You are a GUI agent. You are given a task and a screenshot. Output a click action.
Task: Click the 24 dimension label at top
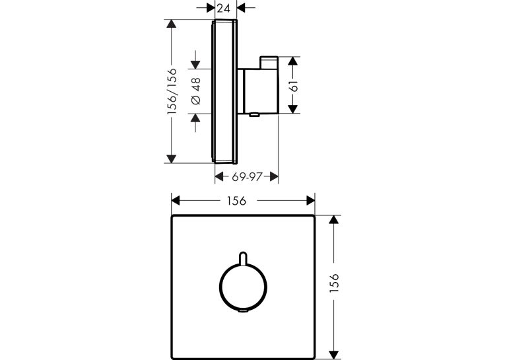(x=224, y=8)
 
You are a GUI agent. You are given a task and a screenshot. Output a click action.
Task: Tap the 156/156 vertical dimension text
(x=172, y=92)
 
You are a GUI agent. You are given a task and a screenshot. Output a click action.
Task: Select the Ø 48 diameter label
(x=196, y=91)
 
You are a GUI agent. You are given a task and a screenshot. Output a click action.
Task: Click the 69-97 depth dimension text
(x=247, y=176)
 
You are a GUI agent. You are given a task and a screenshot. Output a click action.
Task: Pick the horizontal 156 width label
(x=236, y=201)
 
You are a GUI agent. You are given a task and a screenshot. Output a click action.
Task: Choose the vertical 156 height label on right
(x=335, y=283)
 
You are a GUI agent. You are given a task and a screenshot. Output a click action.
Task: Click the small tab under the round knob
(x=243, y=310)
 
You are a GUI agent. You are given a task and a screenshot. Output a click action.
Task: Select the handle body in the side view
(x=261, y=91)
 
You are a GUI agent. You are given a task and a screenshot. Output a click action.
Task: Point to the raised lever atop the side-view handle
(x=269, y=63)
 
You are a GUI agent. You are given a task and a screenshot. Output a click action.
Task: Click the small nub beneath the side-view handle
(x=254, y=114)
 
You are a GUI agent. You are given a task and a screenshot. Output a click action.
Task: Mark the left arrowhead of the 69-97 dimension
(x=219, y=176)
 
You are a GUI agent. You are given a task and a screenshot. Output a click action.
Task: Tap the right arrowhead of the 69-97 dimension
(x=274, y=176)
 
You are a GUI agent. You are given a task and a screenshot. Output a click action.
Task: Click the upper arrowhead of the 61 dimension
(x=292, y=61)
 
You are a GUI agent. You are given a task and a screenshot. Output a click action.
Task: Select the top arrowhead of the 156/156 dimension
(x=172, y=24)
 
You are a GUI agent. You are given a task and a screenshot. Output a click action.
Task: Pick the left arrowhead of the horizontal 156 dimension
(x=176, y=201)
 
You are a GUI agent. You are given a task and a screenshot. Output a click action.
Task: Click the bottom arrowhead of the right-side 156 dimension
(x=334, y=355)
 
